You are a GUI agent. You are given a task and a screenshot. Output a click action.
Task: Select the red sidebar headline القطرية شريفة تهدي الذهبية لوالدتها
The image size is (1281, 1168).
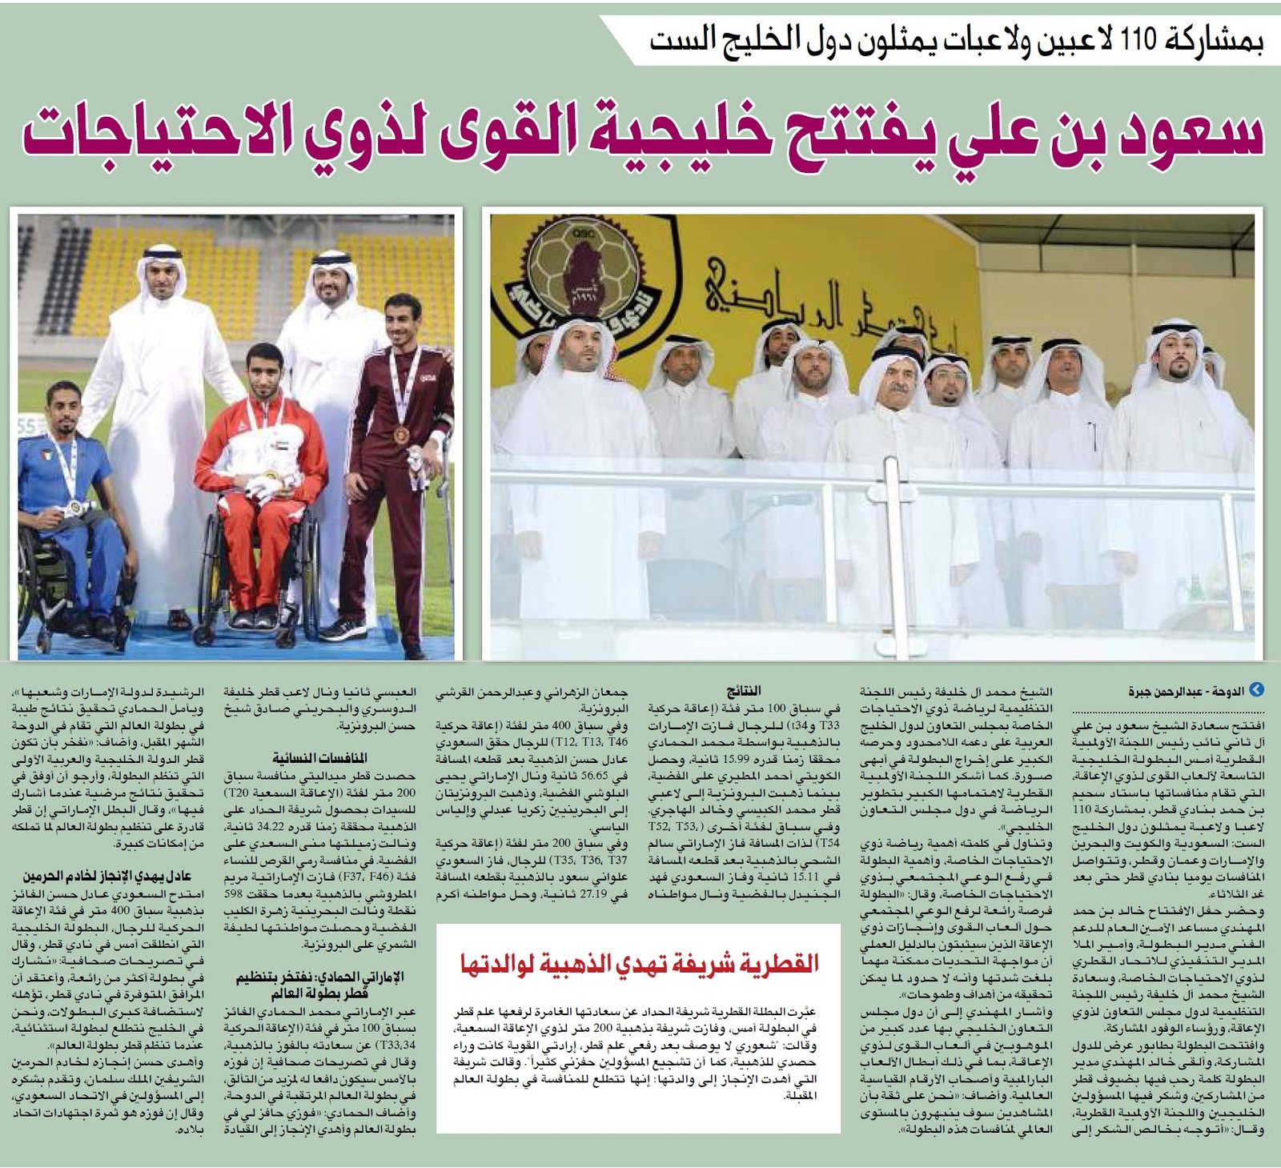638,962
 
